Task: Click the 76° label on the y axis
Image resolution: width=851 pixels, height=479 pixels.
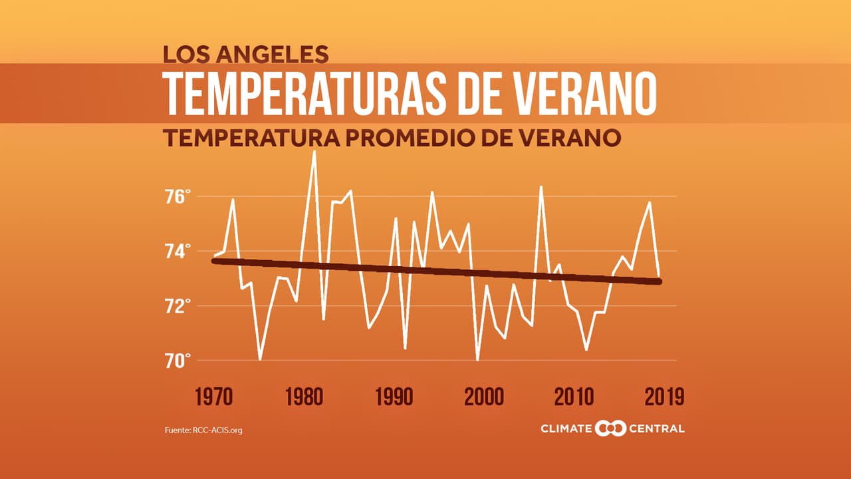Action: pos(178,197)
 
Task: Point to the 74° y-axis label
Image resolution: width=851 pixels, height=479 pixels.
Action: pos(178,251)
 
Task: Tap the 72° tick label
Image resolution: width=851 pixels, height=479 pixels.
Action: pos(178,307)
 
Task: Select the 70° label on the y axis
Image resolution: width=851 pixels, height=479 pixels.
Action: pos(178,361)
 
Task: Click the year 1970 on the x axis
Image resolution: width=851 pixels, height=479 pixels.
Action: pos(214,397)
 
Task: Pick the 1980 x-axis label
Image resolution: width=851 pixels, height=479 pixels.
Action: pos(304,397)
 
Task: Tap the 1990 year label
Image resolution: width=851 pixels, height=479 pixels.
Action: pos(394,397)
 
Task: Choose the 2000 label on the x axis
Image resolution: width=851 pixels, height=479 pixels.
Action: pos(484,397)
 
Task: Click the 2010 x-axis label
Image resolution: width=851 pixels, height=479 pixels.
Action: pos(574,397)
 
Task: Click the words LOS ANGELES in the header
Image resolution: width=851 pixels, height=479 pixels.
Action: pos(246,54)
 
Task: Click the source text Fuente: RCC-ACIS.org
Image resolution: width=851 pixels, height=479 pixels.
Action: pos(203,430)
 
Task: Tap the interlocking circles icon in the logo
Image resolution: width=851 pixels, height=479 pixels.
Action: pos(610,428)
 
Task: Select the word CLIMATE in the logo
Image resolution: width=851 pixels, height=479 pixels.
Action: pos(566,428)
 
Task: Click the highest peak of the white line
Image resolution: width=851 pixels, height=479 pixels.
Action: pos(314,152)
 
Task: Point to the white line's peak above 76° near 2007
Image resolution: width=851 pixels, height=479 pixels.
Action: pos(541,187)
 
